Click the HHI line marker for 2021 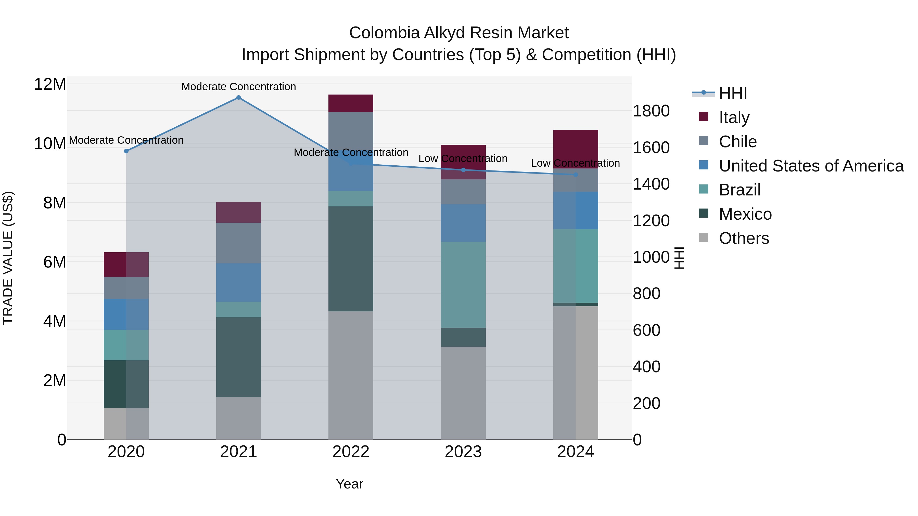pyautogui.click(x=238, y=98)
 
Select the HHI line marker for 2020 pyautogui.click(x=126, y=151)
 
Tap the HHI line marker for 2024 pyautogui.click(x=576, y=175)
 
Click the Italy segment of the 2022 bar pyautogui.click(x=351, y=103)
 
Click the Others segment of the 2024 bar pyautogui.click(x=576, y=373)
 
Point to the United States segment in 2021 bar pyautogui.click(x=238, y=282)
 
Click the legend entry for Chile pyautogui.click(x=737, y=142)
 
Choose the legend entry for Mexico pyautogui.click(x=745, y=214)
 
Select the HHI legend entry pyautogui.click(x=732, y=93)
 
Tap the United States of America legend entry pyautogui.click(x=811, y=166)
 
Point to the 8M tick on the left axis pyautogui.click(x=55, y=203)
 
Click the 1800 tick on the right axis pyautogui.click(x=651, y=111)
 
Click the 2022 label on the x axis pyautogui.click(x=351, y=452)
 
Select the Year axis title pyautogui.click(x=349, y=484)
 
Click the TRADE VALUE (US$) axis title pyautogui.click(x=8, y=258)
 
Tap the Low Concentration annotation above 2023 pyautogui.click(x=463, y=158)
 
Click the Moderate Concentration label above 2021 pyautogui.click(x=238, y=87)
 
